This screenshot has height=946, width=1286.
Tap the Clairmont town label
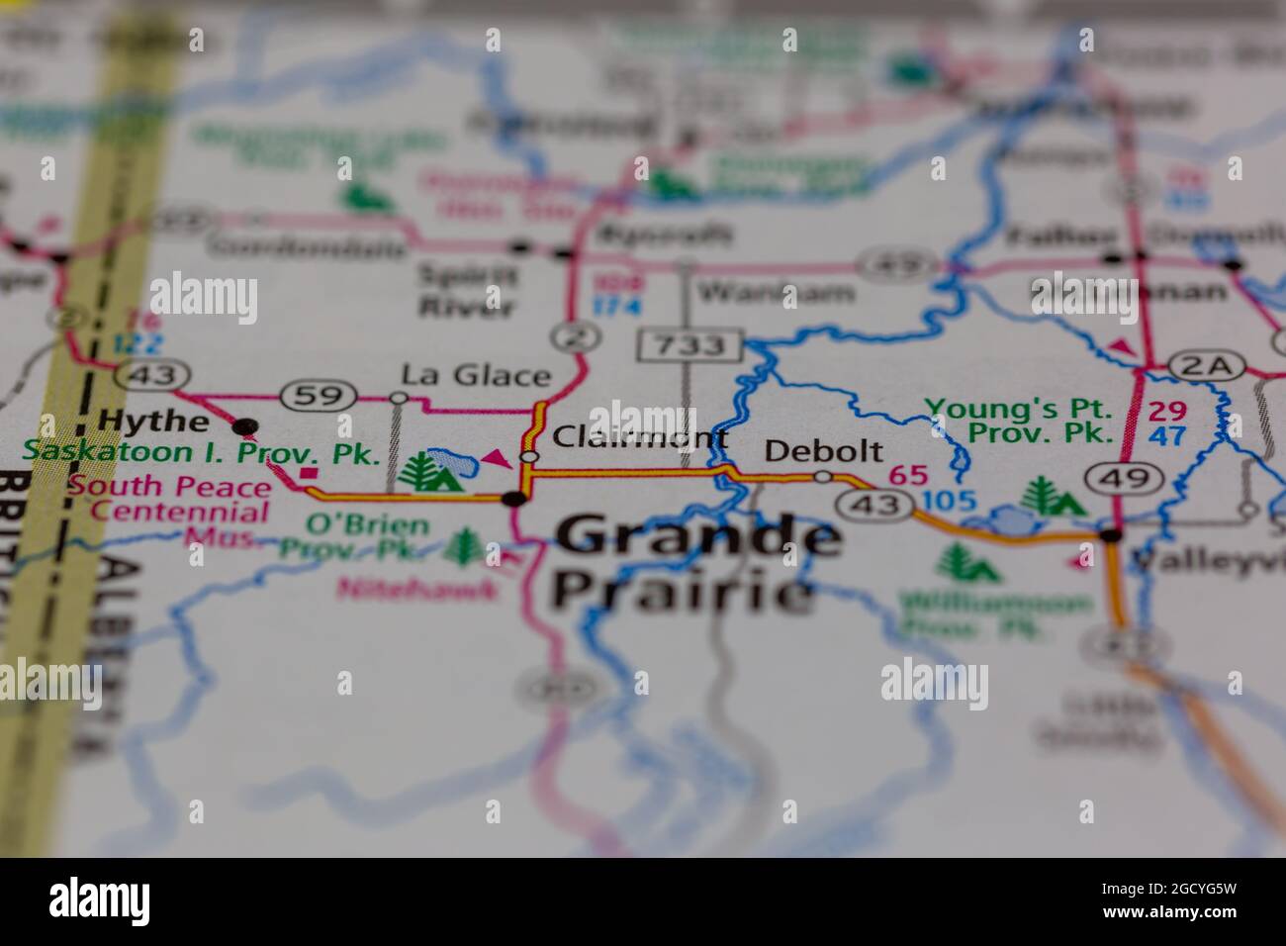coord(639,436)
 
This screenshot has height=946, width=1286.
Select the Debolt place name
coord(823,451)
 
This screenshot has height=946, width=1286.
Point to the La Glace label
coord(475,375)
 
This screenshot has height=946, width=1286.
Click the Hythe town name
coord(154,421)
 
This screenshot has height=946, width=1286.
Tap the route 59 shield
coord(318,396)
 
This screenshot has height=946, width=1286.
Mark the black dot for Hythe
coord(244,426)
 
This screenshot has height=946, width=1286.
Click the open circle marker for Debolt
coord(822,477)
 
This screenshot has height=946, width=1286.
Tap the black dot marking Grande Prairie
coord(514,498)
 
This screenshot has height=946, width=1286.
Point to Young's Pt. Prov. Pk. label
coord(1020,421)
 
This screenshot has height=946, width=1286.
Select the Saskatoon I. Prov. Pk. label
coord(202,453)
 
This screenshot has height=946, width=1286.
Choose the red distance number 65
coord(908,475)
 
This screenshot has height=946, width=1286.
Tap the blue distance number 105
coord(947,502)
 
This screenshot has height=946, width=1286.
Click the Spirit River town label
coord(467,289)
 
